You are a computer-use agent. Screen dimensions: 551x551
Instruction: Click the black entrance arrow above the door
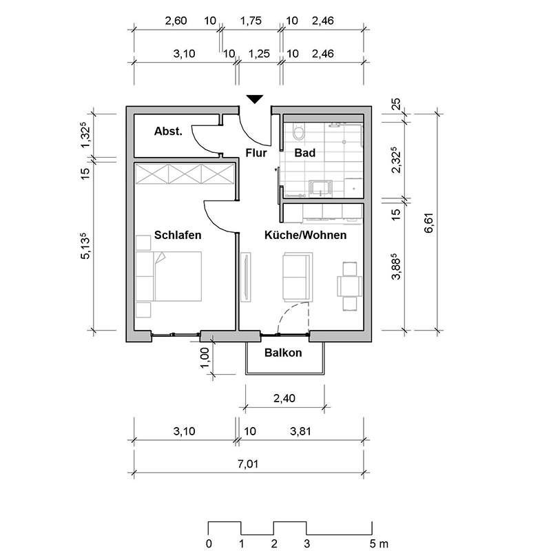tap(254, 99)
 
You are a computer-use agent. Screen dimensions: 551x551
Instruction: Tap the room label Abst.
tap(168, 132)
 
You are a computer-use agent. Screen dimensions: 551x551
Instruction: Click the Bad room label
tap(304, 153)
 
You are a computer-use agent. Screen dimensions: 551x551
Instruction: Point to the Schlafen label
tap(178, 235)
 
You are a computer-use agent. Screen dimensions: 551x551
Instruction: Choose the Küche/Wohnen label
tap(305, 235)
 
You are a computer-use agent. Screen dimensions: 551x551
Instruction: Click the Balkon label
tap(283, 353)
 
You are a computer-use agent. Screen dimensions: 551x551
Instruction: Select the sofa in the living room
tap(298, 275)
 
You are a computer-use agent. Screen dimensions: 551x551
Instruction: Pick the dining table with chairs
tap(349, 284)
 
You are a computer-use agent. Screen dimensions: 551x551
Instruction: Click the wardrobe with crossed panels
tap(185, 174)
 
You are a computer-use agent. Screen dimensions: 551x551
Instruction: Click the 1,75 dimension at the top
tap(250, 21)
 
